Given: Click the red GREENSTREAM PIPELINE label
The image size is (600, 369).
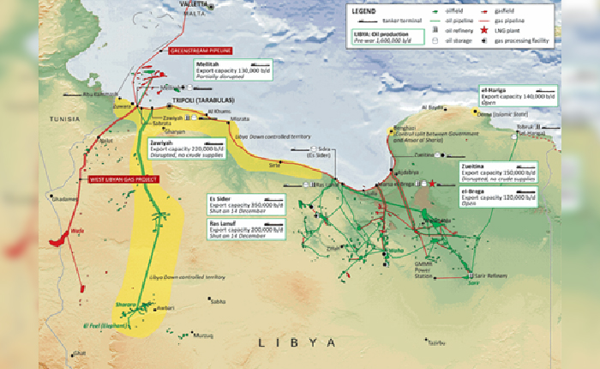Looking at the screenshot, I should pyautogui.click(x=206, y=51).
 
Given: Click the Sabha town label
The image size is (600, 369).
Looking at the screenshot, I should pyautogui.click(x=218, y=301).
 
